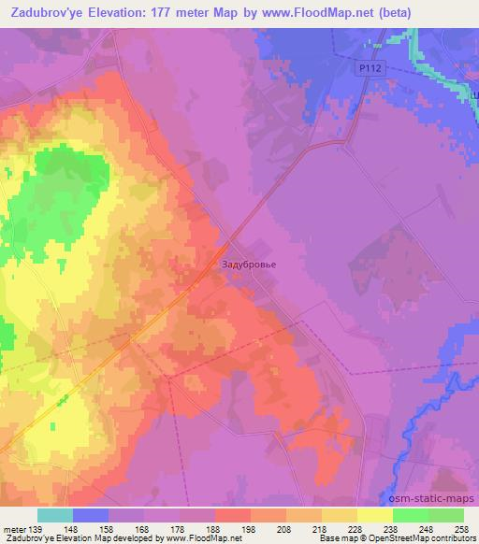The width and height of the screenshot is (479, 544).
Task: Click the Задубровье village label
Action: pos(249,264)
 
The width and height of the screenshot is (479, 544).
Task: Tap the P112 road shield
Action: pos(370,68)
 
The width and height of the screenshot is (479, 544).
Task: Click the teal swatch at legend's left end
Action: pos(55,515)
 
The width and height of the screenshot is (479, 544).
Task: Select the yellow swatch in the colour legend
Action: pos(376,515)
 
